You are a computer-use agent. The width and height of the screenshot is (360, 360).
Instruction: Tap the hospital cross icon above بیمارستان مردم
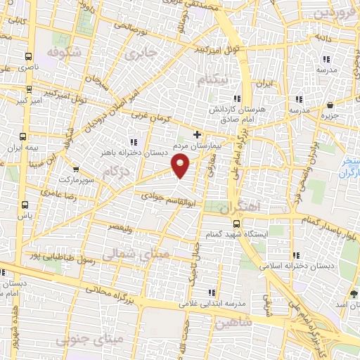tap(198, 134)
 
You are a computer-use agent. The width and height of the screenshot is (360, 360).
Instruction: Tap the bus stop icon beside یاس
tap(26, 205)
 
